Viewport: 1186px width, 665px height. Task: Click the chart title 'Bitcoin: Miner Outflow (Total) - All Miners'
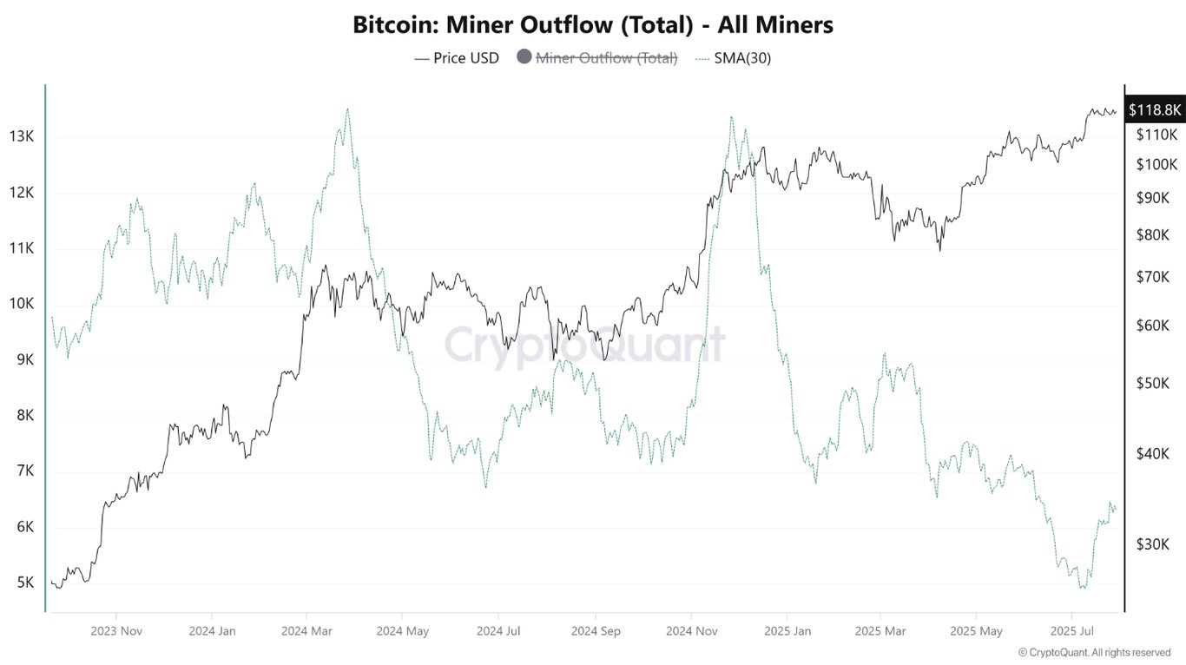593,25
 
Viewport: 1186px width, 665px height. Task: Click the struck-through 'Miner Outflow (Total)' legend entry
606,58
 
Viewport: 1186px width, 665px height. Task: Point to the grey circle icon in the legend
524,57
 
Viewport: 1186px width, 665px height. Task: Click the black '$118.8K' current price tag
1155,109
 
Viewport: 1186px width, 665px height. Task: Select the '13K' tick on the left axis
22,136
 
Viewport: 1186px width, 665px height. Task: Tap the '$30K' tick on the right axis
1153,544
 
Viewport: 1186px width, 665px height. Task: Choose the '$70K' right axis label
1153,277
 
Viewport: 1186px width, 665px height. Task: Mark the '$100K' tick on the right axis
1156,164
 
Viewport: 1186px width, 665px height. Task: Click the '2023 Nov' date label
115,631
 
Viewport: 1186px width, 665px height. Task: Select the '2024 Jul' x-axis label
499,631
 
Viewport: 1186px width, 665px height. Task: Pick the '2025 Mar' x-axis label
880,631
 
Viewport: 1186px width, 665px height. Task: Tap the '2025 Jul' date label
1071,631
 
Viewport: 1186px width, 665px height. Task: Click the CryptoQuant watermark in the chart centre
584,345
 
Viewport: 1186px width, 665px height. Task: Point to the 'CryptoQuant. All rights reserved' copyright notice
1094,652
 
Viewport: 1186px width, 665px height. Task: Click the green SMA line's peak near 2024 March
347,109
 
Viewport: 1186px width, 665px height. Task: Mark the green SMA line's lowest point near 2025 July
1081,588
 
